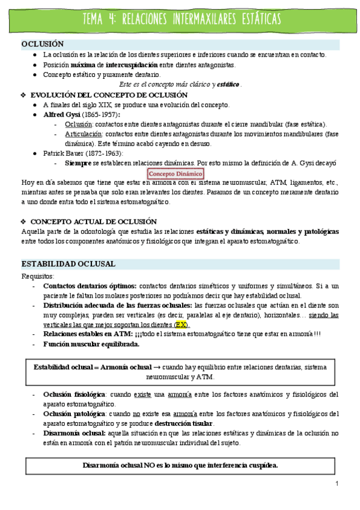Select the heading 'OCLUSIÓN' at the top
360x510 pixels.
[x=43, y=45]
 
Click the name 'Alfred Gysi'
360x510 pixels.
[x=61, y=114]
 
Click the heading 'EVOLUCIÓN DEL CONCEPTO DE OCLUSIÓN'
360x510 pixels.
[x=109, y=95]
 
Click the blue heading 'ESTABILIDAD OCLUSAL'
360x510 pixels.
[x=62, y=264]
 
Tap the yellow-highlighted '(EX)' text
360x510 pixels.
[x=178, y=324]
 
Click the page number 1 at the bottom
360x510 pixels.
[x=337, y=484]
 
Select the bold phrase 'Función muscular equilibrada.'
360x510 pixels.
[x=91, y=344]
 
